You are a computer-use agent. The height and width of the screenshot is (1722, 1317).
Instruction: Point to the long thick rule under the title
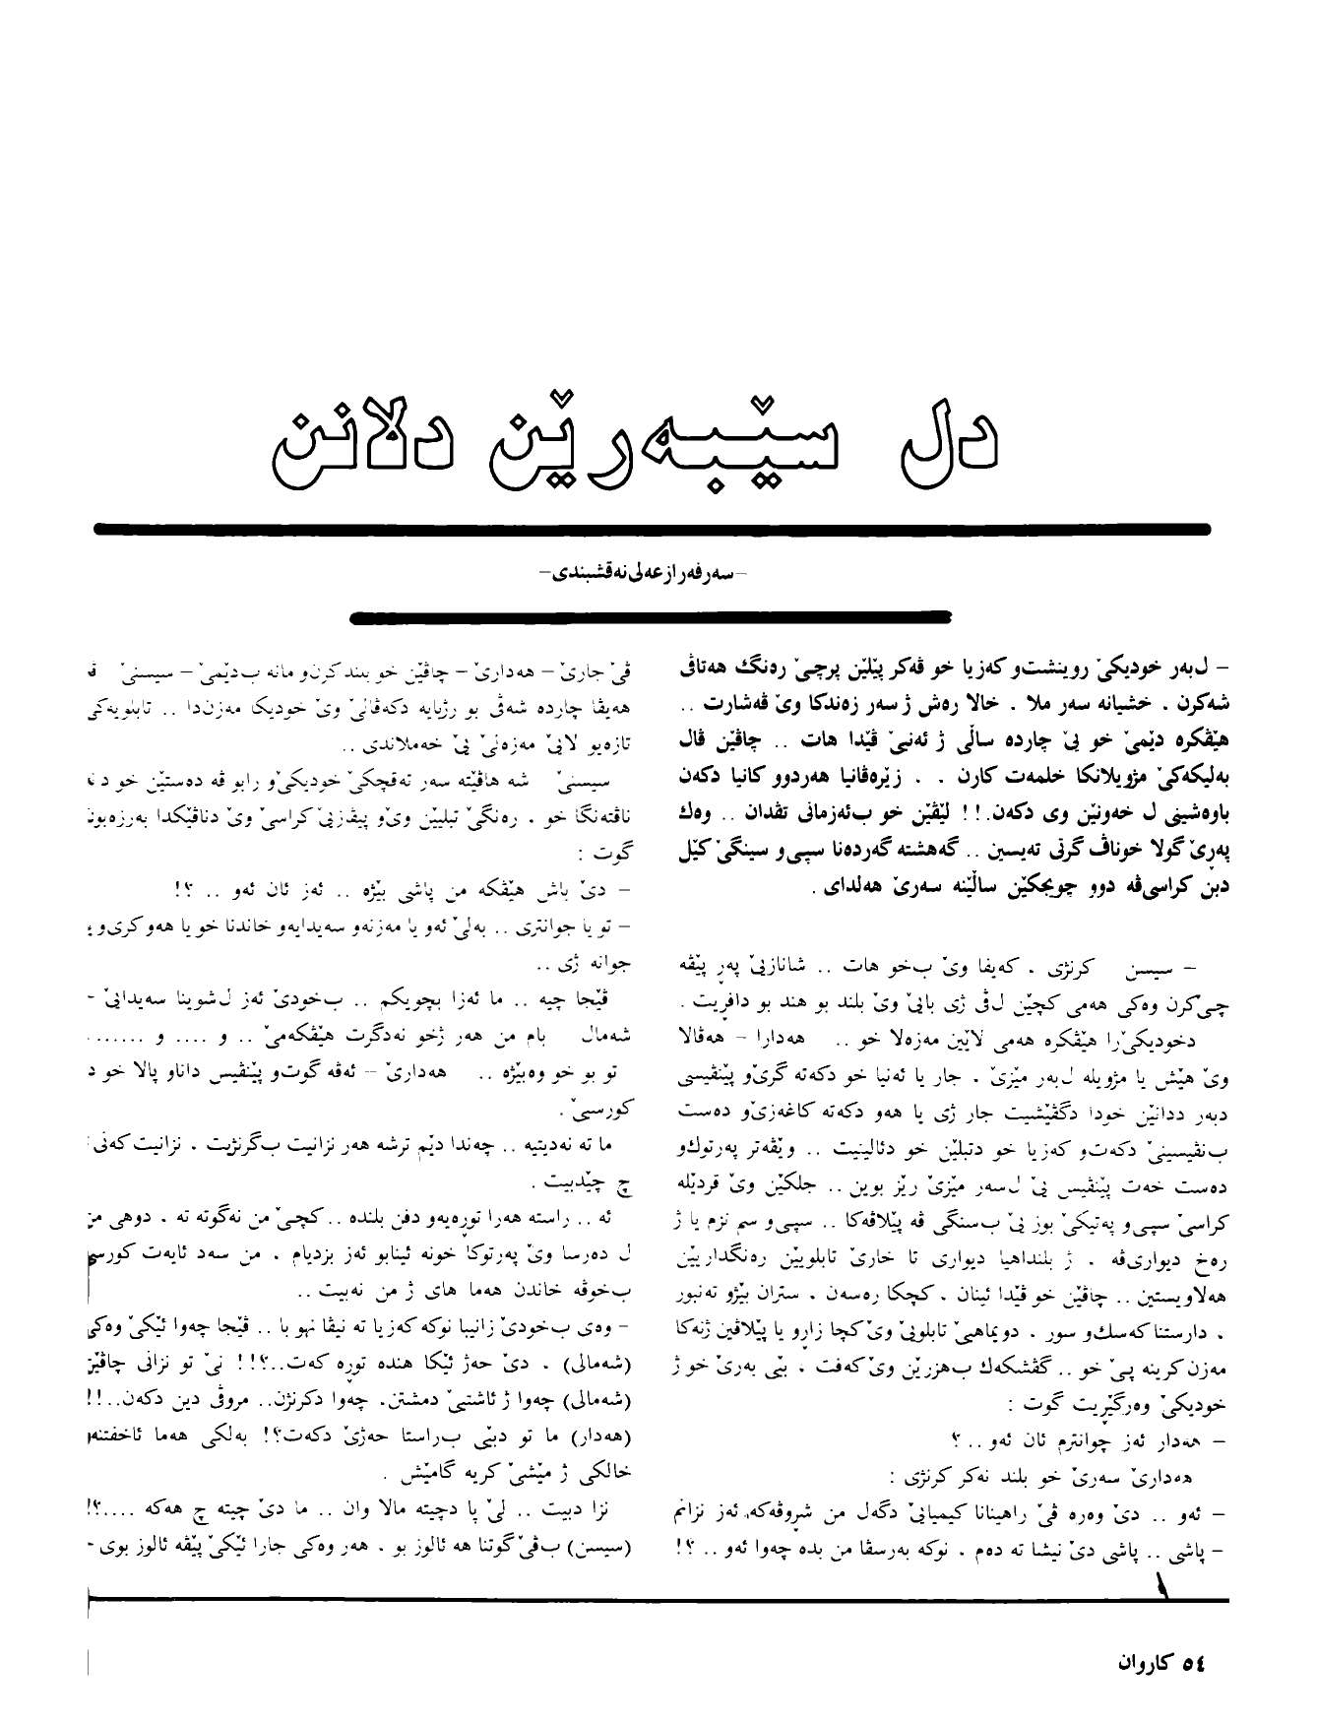coord(652,529)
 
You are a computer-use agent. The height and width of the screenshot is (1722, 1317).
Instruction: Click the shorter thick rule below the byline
coord(652,618)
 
